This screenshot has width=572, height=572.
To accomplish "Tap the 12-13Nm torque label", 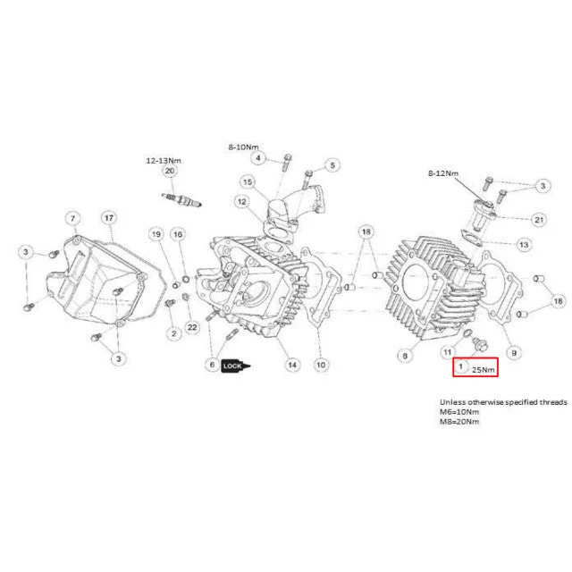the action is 164,161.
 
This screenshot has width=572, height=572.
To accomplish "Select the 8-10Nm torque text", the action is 243,147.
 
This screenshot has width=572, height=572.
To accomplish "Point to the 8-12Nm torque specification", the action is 443,173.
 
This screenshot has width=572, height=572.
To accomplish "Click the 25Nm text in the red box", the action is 483,369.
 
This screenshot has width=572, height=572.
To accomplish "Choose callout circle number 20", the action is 170,171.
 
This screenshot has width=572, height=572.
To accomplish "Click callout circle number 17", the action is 109,218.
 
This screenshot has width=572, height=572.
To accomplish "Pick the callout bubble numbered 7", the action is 72,218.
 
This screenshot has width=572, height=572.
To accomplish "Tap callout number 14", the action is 292,365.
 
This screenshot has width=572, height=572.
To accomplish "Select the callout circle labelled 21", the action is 539,220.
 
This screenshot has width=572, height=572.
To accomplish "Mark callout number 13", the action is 524,244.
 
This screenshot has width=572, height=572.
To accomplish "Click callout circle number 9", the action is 514,353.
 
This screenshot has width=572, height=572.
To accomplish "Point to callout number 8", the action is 405,356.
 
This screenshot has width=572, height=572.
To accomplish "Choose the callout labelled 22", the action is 192,327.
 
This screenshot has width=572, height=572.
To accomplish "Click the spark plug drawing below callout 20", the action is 181,200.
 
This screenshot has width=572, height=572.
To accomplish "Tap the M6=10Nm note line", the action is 459,412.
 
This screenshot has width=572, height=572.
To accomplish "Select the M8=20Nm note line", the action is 459,422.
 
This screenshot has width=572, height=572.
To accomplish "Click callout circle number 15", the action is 248,181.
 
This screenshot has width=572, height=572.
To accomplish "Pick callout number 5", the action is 332,165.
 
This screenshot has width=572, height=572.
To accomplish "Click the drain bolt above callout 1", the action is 480,344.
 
